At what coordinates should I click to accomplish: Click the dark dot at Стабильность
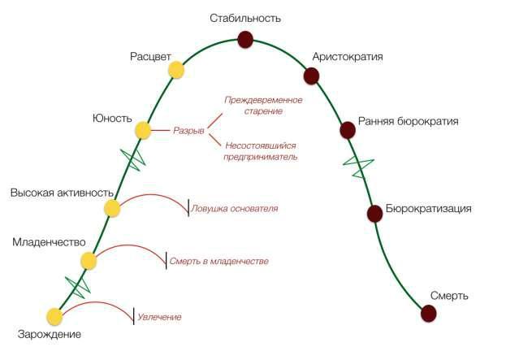tap(245, 40)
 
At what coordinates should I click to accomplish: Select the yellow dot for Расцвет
tap(176, 70)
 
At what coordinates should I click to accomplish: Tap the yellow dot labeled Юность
tap(143, 131)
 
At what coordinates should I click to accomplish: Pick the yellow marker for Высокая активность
tap(112, 208)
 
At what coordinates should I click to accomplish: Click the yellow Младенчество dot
tap(89, 261)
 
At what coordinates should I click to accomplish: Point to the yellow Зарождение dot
tap(54, 316)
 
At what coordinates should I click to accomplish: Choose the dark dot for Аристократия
tap(311, 76)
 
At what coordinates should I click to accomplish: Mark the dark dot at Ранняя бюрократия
tap(348, 130)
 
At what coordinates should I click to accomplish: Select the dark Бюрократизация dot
tap(374, 214)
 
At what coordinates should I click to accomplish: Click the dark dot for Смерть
tap(429, 314)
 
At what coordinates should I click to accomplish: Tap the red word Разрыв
tap(188, 131)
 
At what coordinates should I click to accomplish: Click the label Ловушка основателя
tap(235, 209)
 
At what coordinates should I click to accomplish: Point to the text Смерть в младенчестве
tap(219, 261)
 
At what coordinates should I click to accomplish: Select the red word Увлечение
tap(159, 317)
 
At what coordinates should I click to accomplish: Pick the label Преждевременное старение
tap(263, 106)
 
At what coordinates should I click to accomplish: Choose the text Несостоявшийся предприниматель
tap(261, 151)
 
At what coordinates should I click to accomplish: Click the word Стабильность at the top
tap(245, 19)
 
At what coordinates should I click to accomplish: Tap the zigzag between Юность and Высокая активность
tap(132, 159)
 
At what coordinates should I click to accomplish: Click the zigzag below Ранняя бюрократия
tap(358, 168)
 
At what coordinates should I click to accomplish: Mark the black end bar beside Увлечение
tap(133, 316)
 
